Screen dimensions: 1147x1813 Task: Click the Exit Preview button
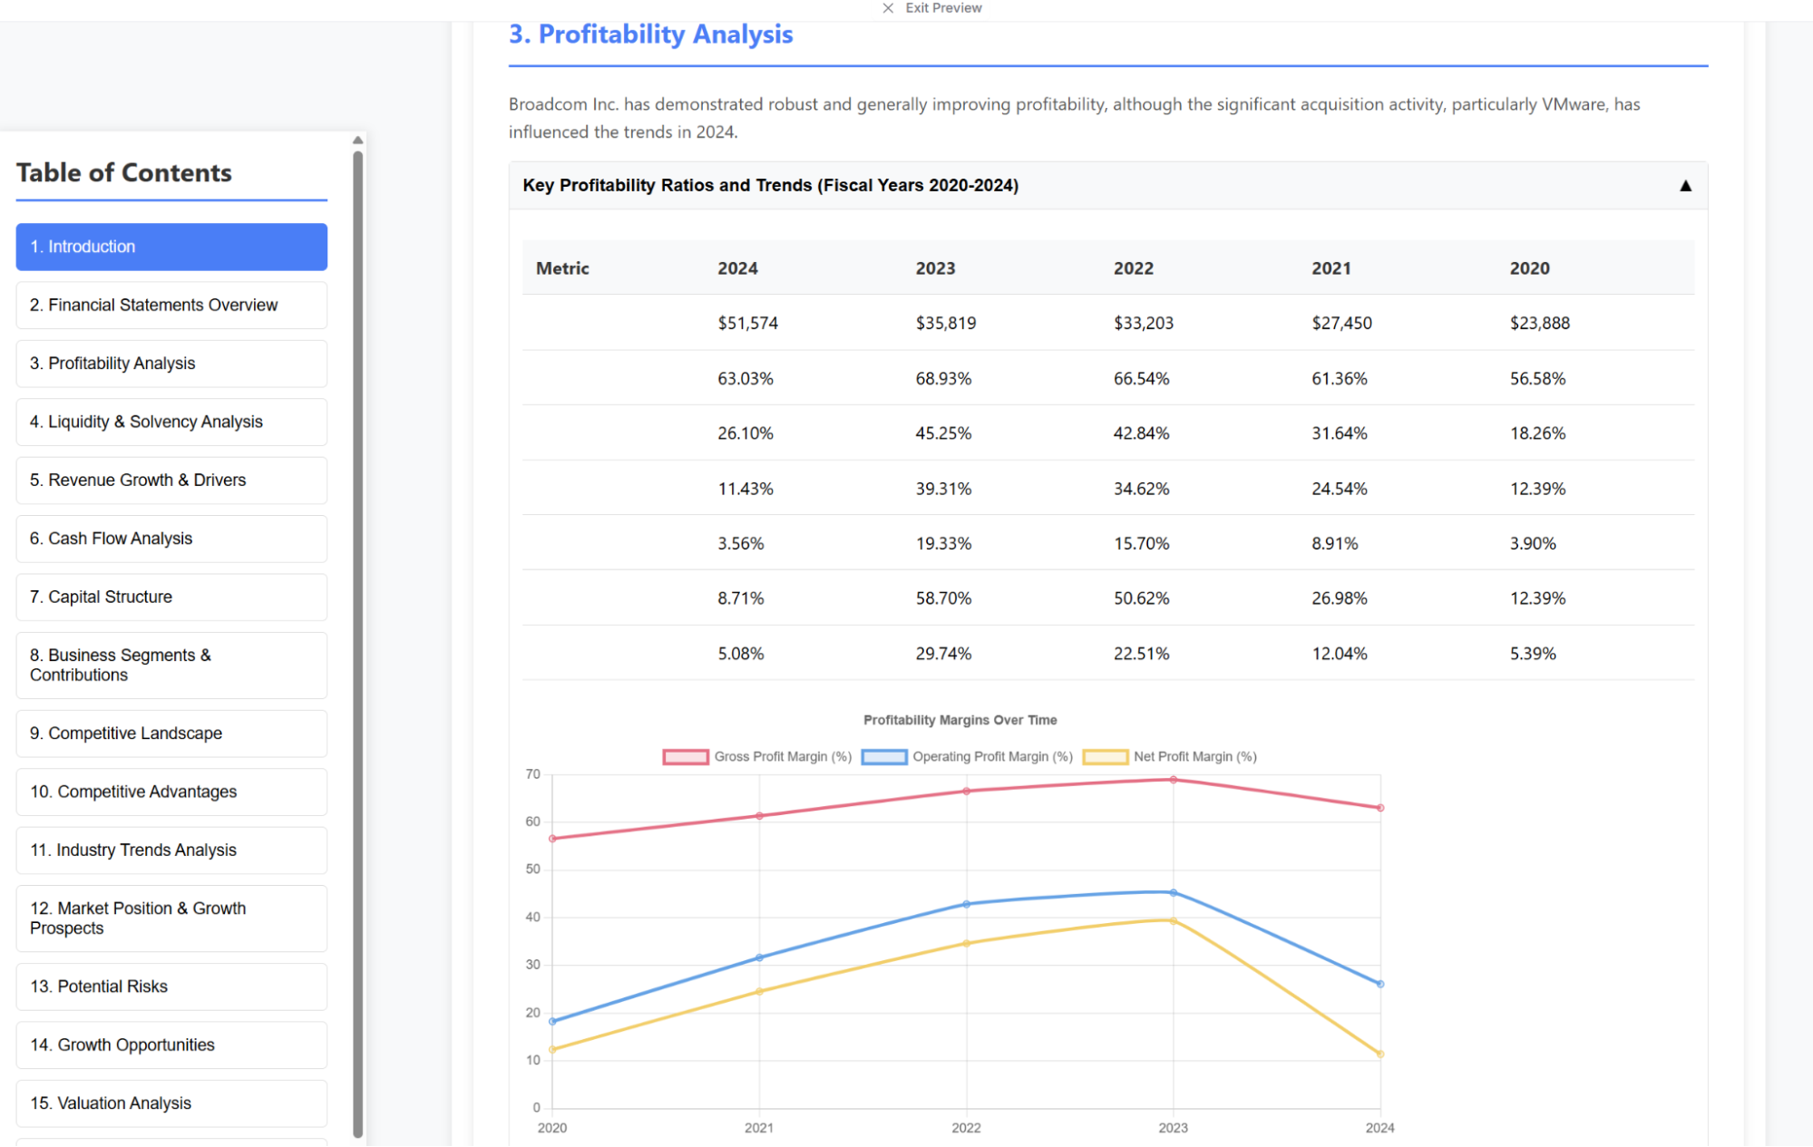pyautogui.click(x=933, y=8)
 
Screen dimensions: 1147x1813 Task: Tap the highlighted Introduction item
pyautogui.click(x=171, y=247)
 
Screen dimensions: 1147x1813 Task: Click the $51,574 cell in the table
pyautogui.click(x=747, y=323)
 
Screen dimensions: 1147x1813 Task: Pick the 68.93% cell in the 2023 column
pyautogui.click(x=943, y=378)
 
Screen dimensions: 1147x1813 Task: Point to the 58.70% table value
pyautogui.click(x=943, y=598)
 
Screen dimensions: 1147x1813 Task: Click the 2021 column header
pyautogui.click(x=1331, y=268)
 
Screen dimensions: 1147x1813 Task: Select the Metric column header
pyautogui.click(x=562, y=268)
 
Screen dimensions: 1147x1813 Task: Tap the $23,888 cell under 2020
pyautogui.click(x=1539, y=323)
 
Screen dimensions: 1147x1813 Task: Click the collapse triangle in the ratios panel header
pyautogui.click(x=1685, y=186)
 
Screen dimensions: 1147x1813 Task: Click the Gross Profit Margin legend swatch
pyautogui.click(x=685, y=757)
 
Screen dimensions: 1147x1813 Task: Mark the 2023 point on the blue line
pyautogui.click(x=1174, y=893)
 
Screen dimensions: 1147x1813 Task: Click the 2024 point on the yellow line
pyautogui.click(x=1380, y=1055)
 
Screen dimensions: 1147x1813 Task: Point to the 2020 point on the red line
pyautogui.click(x=552, y=839)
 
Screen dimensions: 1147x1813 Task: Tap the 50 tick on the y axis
pyautogui.click(x=533, y=870)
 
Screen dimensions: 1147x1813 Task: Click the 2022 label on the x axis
pyautogui.click(x=966, y=1128)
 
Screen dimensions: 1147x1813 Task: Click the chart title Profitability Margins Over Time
pyautogui.click(x=960, y=720)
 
